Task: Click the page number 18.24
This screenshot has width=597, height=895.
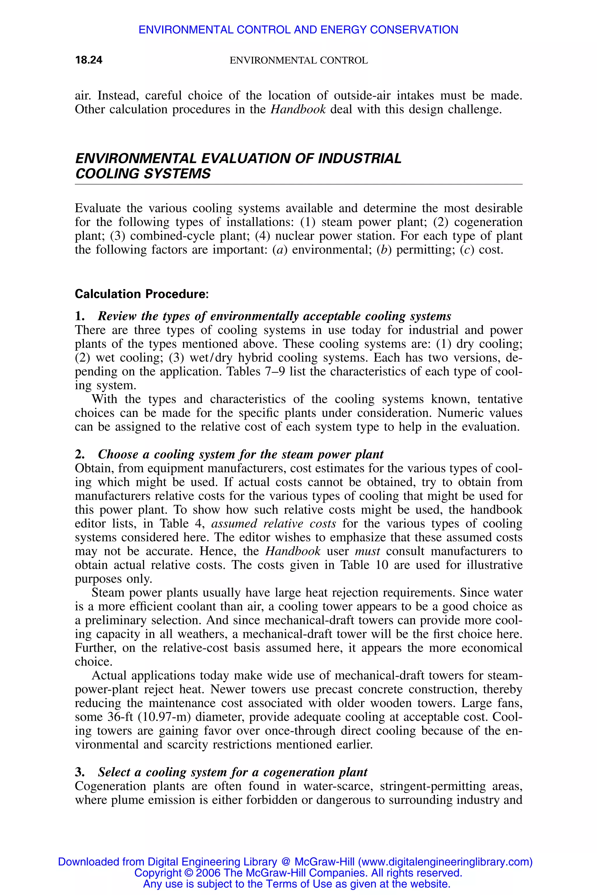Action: (x=89, y=60)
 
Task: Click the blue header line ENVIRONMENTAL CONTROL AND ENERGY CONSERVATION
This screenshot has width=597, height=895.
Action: (x=298, y=30)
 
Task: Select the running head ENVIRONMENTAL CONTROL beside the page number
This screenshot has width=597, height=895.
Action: (x=298, y=61)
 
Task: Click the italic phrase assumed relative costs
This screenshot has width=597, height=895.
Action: (x=273, y=523)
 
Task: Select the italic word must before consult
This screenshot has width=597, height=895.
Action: (x=367, y=551)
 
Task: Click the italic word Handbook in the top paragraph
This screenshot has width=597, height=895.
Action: (x=298, y=109)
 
